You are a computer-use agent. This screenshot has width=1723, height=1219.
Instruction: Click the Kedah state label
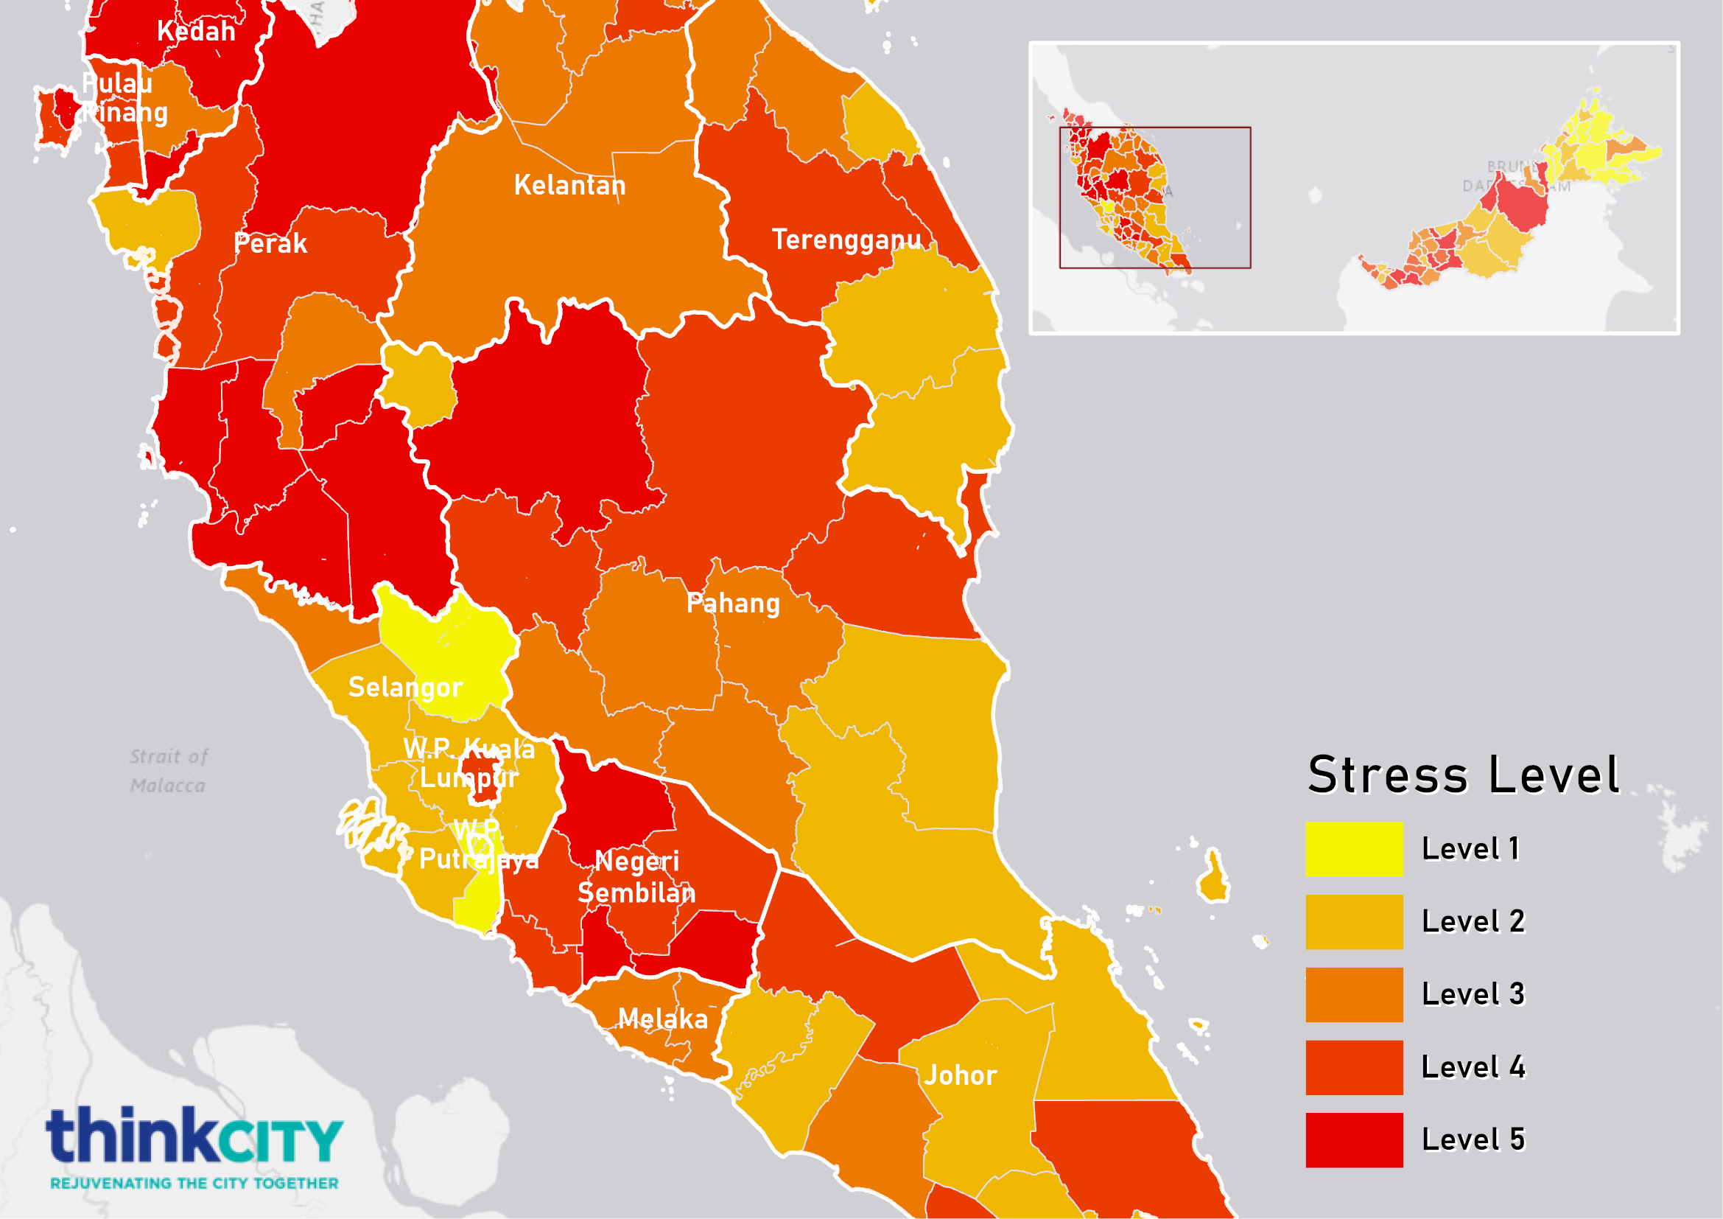pyautogui.click(x=196, y=32)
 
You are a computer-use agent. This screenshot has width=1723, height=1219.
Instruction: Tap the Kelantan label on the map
pyautogui.click(x=569, y=186)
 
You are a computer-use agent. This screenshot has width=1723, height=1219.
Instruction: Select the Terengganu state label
pyautogui.click(x=846, y=240)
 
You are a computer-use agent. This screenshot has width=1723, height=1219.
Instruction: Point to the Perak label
pyautogui.click(x=270, y=244)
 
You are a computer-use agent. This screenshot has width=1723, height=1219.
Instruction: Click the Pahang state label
pyautogui.click(x=733, y=604)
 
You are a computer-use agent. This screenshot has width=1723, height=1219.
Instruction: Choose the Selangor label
pyautogui.click(x=405, y=688)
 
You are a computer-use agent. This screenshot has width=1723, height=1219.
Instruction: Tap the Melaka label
pyautogui.click(x=663, y=1019)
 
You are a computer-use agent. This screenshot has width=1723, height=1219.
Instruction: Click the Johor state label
pyautogui.click(x=960, y=1075)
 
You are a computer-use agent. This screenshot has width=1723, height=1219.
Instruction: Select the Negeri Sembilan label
pyautogui.click(x=636, y=878)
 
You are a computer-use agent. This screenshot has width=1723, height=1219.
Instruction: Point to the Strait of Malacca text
pyautogui.click(x=168, y=771)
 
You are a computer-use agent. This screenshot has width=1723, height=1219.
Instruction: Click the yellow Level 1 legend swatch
pyautogui.click(x=1354, y=849)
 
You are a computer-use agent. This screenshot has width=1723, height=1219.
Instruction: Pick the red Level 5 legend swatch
pyautogui.click(x=1354, y=1139)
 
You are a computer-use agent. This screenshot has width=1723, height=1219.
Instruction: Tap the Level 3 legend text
pyautogui.click(x=1473, y=994)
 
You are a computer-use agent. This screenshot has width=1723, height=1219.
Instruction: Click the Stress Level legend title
pyautogui.click(x=1463, y=775)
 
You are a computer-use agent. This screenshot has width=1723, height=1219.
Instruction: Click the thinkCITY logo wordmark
pyautogui.click(x=194, y=1135)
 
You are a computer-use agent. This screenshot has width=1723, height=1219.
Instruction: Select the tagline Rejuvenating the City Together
pyautogui.click(x=194, y=1184)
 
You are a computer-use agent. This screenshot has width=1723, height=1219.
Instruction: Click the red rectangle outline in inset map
pyautogui.click(x=1155, y=128)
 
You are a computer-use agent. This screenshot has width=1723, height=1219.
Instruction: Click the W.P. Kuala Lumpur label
pyautogui.click(x=469, y=764)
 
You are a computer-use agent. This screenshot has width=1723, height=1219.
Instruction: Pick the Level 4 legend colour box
pyautogui.click(x=1354, y=1067)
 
